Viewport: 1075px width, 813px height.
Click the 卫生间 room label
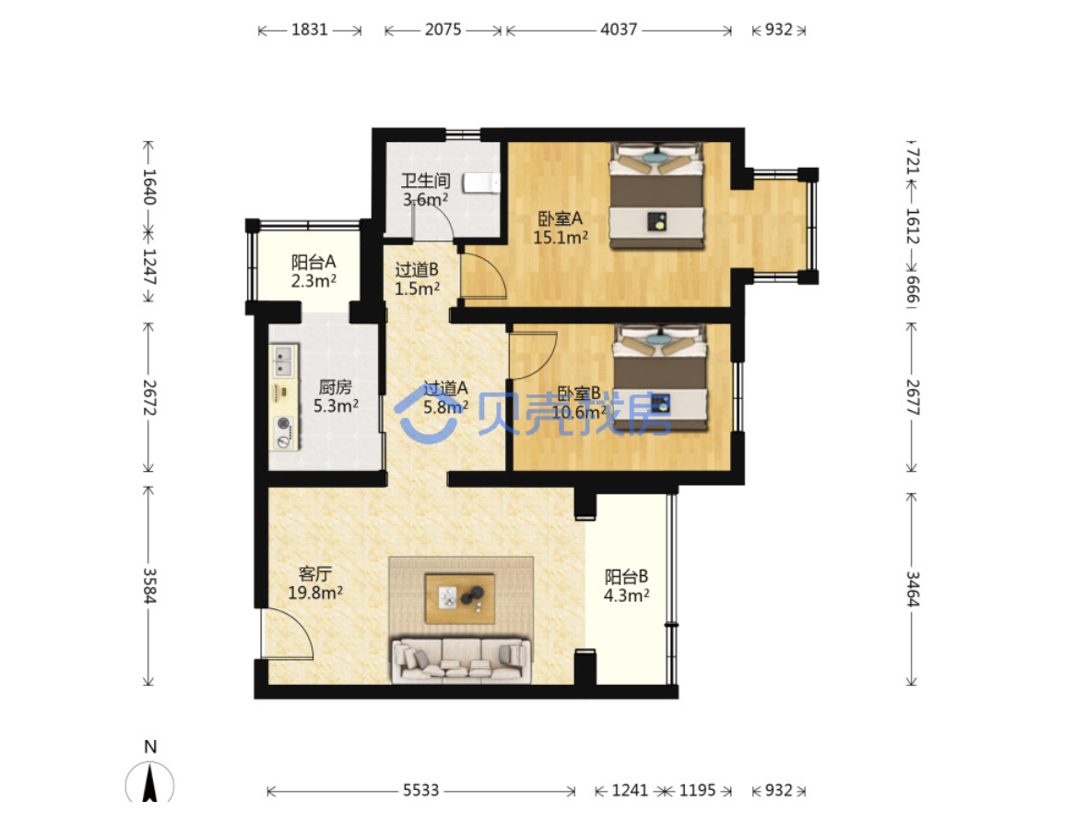tap(426, 181)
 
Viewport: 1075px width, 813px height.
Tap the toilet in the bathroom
tap(481, 183)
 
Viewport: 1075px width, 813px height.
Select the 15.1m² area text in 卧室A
tap(561, 238)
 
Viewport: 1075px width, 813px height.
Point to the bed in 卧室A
tap(657, 195)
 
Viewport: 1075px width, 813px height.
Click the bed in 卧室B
tap(660, 378)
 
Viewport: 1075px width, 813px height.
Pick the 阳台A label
tap(313, 262)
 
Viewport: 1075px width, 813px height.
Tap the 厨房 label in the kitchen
tap(336, 387)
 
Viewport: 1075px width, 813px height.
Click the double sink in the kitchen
tap(283, 361)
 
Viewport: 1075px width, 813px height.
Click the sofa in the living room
tap(461, 660)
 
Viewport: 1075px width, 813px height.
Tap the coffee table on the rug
tap(460, 598)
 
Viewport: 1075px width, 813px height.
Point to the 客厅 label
tap(315, 573)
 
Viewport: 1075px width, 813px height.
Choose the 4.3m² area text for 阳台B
tap(626, 595)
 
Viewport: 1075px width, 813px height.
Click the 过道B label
tap(416, 270)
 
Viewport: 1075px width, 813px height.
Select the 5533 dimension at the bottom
tap(420, 790)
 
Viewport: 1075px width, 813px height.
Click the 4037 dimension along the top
tap(619, 29)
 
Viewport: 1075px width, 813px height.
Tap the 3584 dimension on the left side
tap(149, 585)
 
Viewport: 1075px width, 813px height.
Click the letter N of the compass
tap(150, 747)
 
